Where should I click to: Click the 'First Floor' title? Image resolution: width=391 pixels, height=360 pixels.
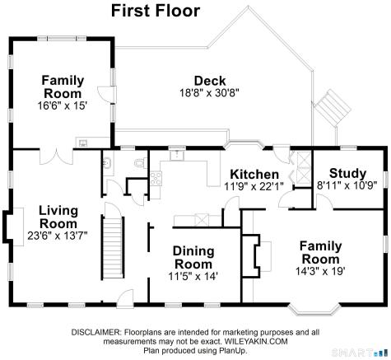tap(156, 11)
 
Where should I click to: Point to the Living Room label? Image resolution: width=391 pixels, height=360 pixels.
tap(58, 217)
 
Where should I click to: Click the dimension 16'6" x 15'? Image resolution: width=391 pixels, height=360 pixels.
tap(63, 105)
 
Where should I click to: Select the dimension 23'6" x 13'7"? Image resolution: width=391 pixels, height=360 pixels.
tap(58, 236)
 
